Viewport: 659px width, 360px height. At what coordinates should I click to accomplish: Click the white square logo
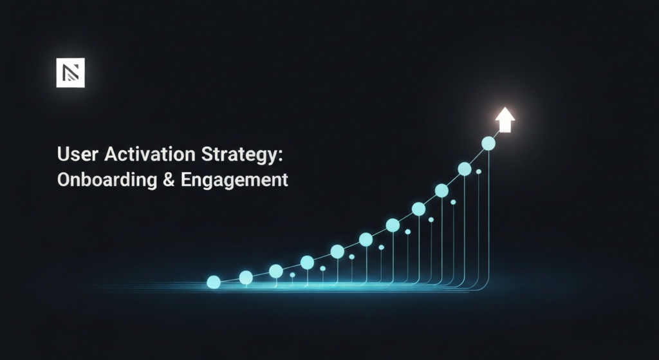click(x=71, y=72)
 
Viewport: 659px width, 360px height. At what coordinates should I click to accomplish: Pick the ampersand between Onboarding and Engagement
click(x=167, y=180)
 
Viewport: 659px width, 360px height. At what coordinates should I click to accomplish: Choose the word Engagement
click(x=234, y=181)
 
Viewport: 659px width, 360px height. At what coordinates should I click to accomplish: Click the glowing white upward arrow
click(x=505, y=120)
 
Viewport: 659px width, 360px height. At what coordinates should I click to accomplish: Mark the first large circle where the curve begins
click(x=214, y=282)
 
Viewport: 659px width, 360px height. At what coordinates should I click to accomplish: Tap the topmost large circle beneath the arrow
click(x=488, y=143)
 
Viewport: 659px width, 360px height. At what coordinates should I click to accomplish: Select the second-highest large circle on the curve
click(x=465, y=169)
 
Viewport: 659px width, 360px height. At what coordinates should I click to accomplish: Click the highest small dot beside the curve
click(x=478, y=172)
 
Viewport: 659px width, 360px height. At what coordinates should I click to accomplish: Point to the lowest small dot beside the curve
click(x=292, y=275)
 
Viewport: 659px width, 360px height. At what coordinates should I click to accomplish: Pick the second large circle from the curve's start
click(x=246, y=278)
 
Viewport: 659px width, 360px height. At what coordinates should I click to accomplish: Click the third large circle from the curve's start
click(x=276, y=271)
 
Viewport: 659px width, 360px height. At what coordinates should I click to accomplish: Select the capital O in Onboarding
click(x=64, y=180)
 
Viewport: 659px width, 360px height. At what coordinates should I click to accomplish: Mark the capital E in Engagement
click(x=186, y=180)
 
